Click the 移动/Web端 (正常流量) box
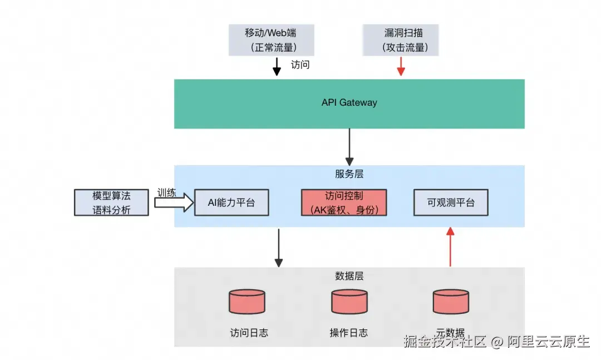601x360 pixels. click(x=271, y=40)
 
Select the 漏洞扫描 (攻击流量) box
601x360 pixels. click(x=400, y=40)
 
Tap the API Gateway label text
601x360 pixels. click(x=349, y=103)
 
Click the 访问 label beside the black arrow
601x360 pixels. click(x=300, y=65)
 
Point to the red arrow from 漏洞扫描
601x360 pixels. click(x=401, y=67)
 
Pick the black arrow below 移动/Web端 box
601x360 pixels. click(x=277, y=67)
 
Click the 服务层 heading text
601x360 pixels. click(x=349, y=174)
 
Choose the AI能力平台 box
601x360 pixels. click(x=231, y=203)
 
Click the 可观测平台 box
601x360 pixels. click(x=451, y=203)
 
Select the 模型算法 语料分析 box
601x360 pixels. click(x=111, y=203)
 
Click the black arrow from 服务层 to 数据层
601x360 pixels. click(x=279, y=247)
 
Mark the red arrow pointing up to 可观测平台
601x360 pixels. click(x=451, y=247)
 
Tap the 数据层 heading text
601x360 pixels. click(x=349, y=276)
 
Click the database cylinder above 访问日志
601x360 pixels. click(x=247, y=302)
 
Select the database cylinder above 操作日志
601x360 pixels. click(x=349, y=302)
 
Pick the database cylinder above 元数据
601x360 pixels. click(x=451, y=302)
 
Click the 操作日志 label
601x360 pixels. click(x=349, y=333)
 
